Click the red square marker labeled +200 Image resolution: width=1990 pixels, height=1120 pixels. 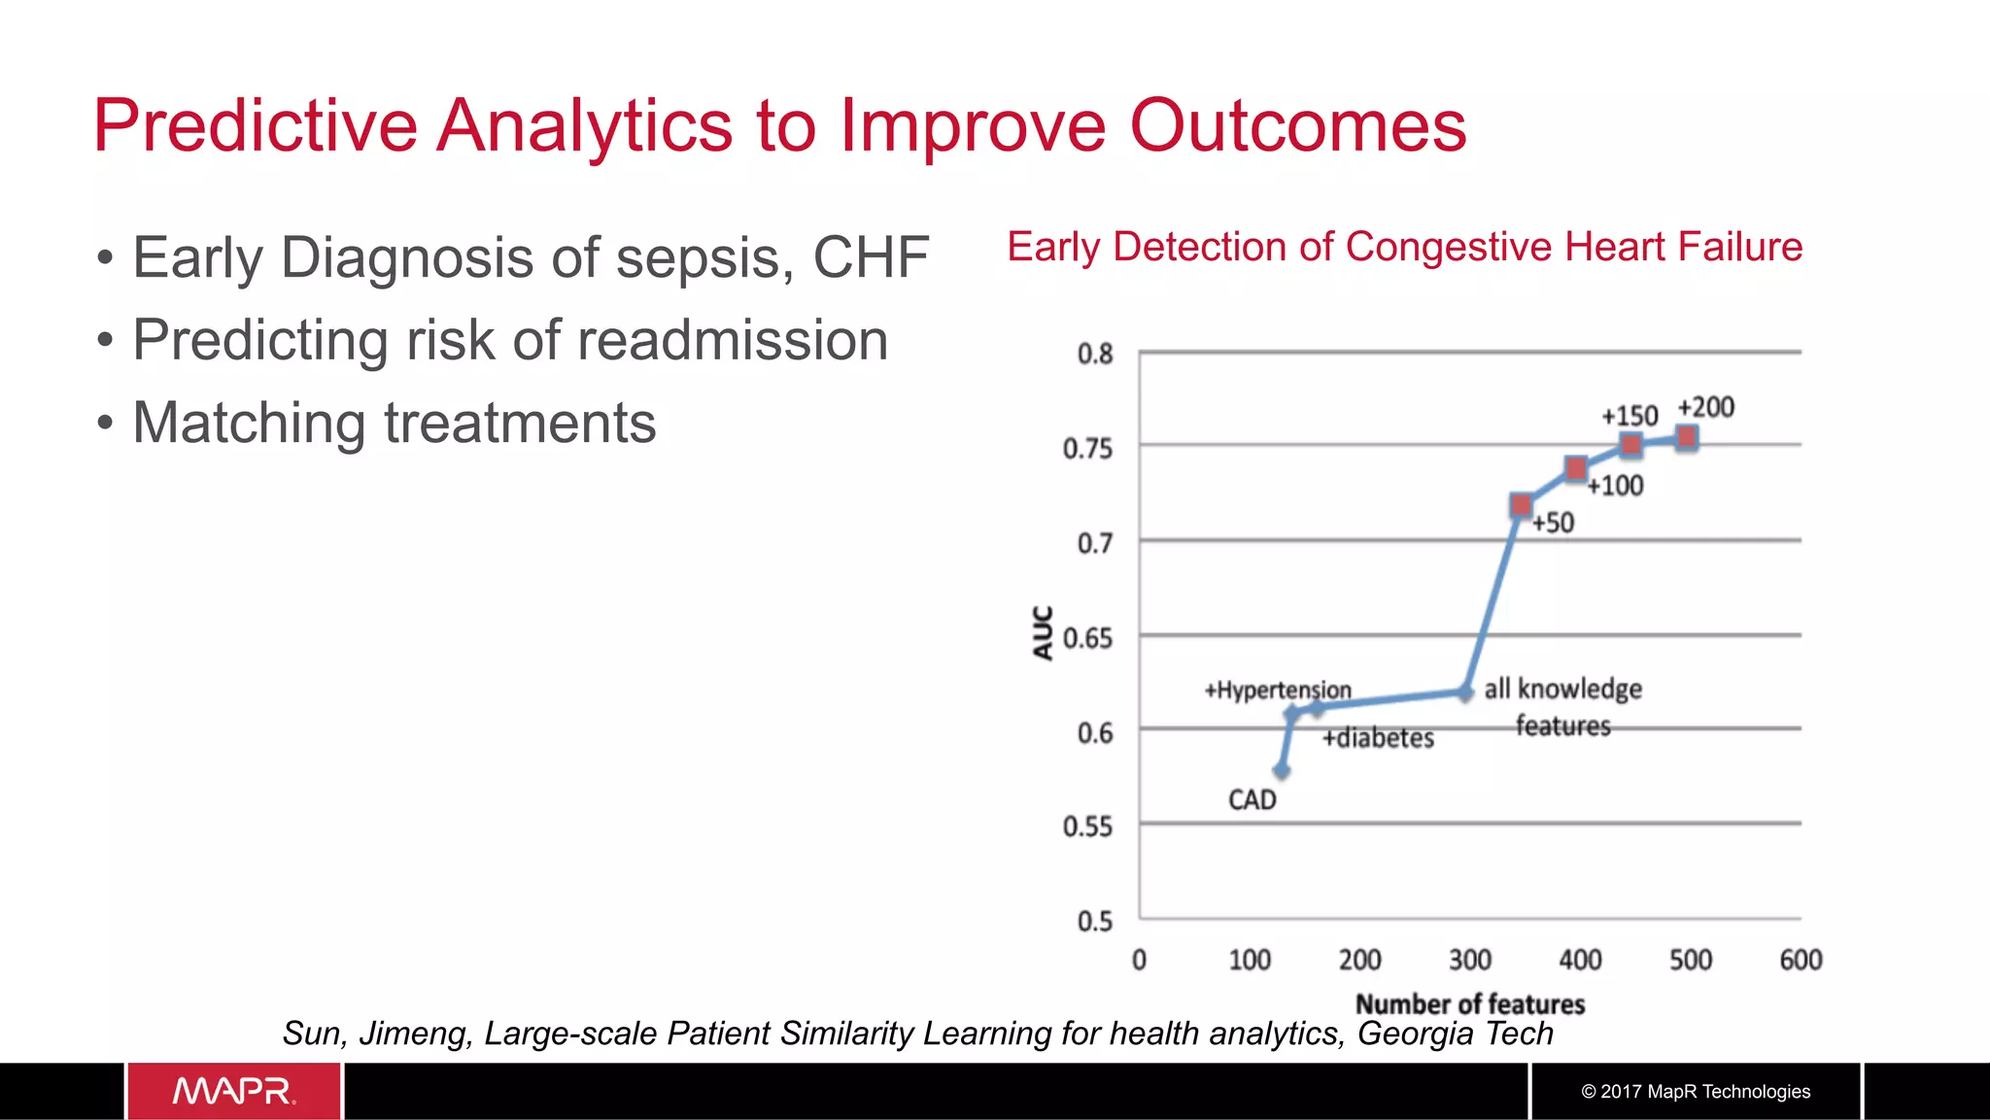point(1687,438)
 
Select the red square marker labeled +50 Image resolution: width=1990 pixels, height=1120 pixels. point(1521,505)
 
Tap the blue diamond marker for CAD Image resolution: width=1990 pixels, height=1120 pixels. point(1282,771)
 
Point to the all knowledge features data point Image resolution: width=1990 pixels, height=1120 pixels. point(1464,693)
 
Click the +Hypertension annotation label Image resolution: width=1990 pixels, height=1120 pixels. point(1277,690)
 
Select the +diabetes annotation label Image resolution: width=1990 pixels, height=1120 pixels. point(1377,738)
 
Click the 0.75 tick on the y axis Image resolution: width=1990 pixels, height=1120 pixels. point(1087,449)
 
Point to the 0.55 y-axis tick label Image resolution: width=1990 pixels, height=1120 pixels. point(1087,827)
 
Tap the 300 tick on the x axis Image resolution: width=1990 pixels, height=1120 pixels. point(1469,961)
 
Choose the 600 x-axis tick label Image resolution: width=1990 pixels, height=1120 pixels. point(1800,961)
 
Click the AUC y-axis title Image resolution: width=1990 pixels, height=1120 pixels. point(1043,633)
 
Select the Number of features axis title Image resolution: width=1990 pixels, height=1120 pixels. point(1469,1004)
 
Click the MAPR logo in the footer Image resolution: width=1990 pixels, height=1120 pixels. point(234,1091)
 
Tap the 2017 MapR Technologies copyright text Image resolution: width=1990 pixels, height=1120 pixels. point(1696,1092)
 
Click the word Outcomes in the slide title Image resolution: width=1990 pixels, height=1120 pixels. point(1297,126)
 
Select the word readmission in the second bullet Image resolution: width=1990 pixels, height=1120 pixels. point(733,341)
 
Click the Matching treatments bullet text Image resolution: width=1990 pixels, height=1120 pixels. point(394,424)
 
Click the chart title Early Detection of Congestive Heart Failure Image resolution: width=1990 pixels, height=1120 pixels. point(1404,247)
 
